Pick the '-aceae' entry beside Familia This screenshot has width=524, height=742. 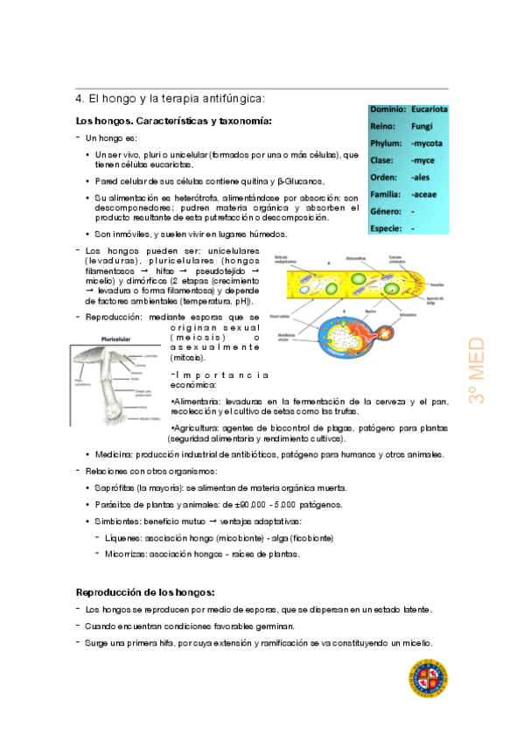(x=424, y=194)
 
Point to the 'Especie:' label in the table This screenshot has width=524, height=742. (x=387, y=228)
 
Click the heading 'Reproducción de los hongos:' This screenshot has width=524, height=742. (x=145, y=591)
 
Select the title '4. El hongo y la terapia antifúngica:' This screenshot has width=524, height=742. (x=170, y=99)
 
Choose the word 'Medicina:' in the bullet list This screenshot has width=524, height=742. (x=120, y=454)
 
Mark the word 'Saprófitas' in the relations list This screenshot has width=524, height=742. (x=117, y=487)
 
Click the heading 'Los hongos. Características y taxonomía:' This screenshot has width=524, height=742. (x=174, y=121)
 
